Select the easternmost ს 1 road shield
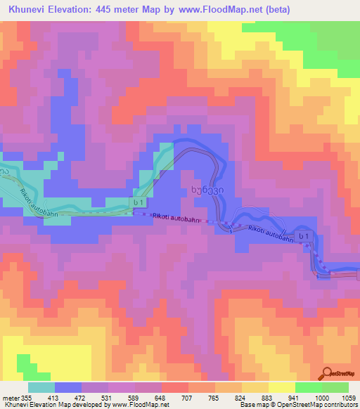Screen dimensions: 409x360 click(x=303, y=235)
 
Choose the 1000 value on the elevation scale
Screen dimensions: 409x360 click(x=321, y=397)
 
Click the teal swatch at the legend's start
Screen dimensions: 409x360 click(x=41, y=387)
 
